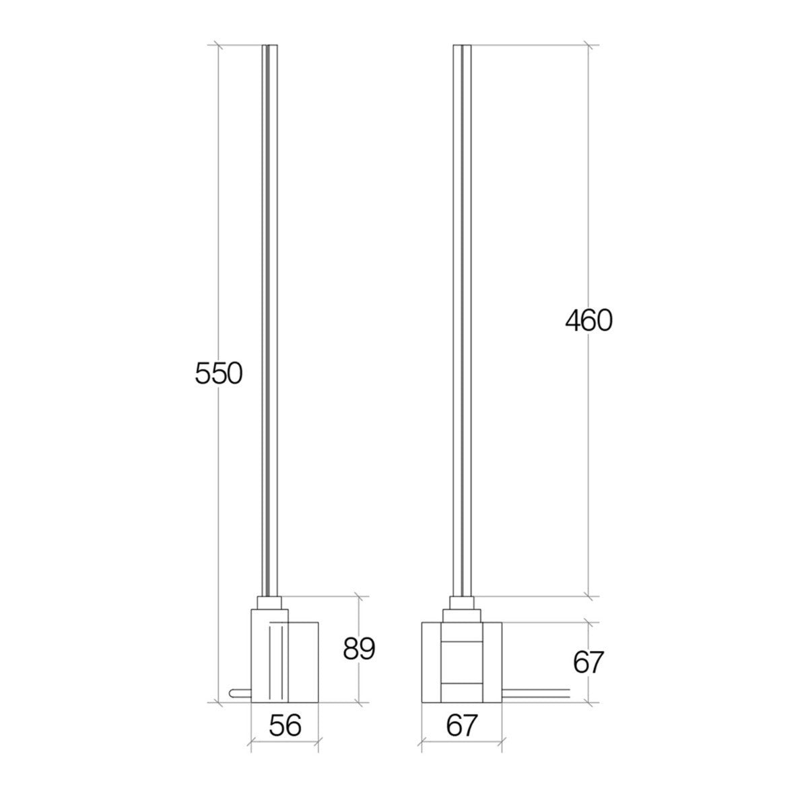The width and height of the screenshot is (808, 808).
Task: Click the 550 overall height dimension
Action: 217,373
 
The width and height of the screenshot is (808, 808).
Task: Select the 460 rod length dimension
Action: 588,321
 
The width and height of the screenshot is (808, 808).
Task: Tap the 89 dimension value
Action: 359,648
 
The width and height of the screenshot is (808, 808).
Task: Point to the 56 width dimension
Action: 284,726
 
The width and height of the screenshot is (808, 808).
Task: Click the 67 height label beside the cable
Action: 588,663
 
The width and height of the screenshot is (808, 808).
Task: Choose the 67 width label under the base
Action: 461,726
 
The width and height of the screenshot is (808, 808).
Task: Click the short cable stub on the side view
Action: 239,692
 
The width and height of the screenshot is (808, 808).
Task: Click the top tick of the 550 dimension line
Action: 217,46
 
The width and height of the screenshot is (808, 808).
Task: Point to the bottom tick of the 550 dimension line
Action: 217,702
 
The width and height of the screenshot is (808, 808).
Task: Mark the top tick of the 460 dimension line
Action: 589,46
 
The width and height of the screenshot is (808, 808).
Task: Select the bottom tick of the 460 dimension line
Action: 589,597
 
